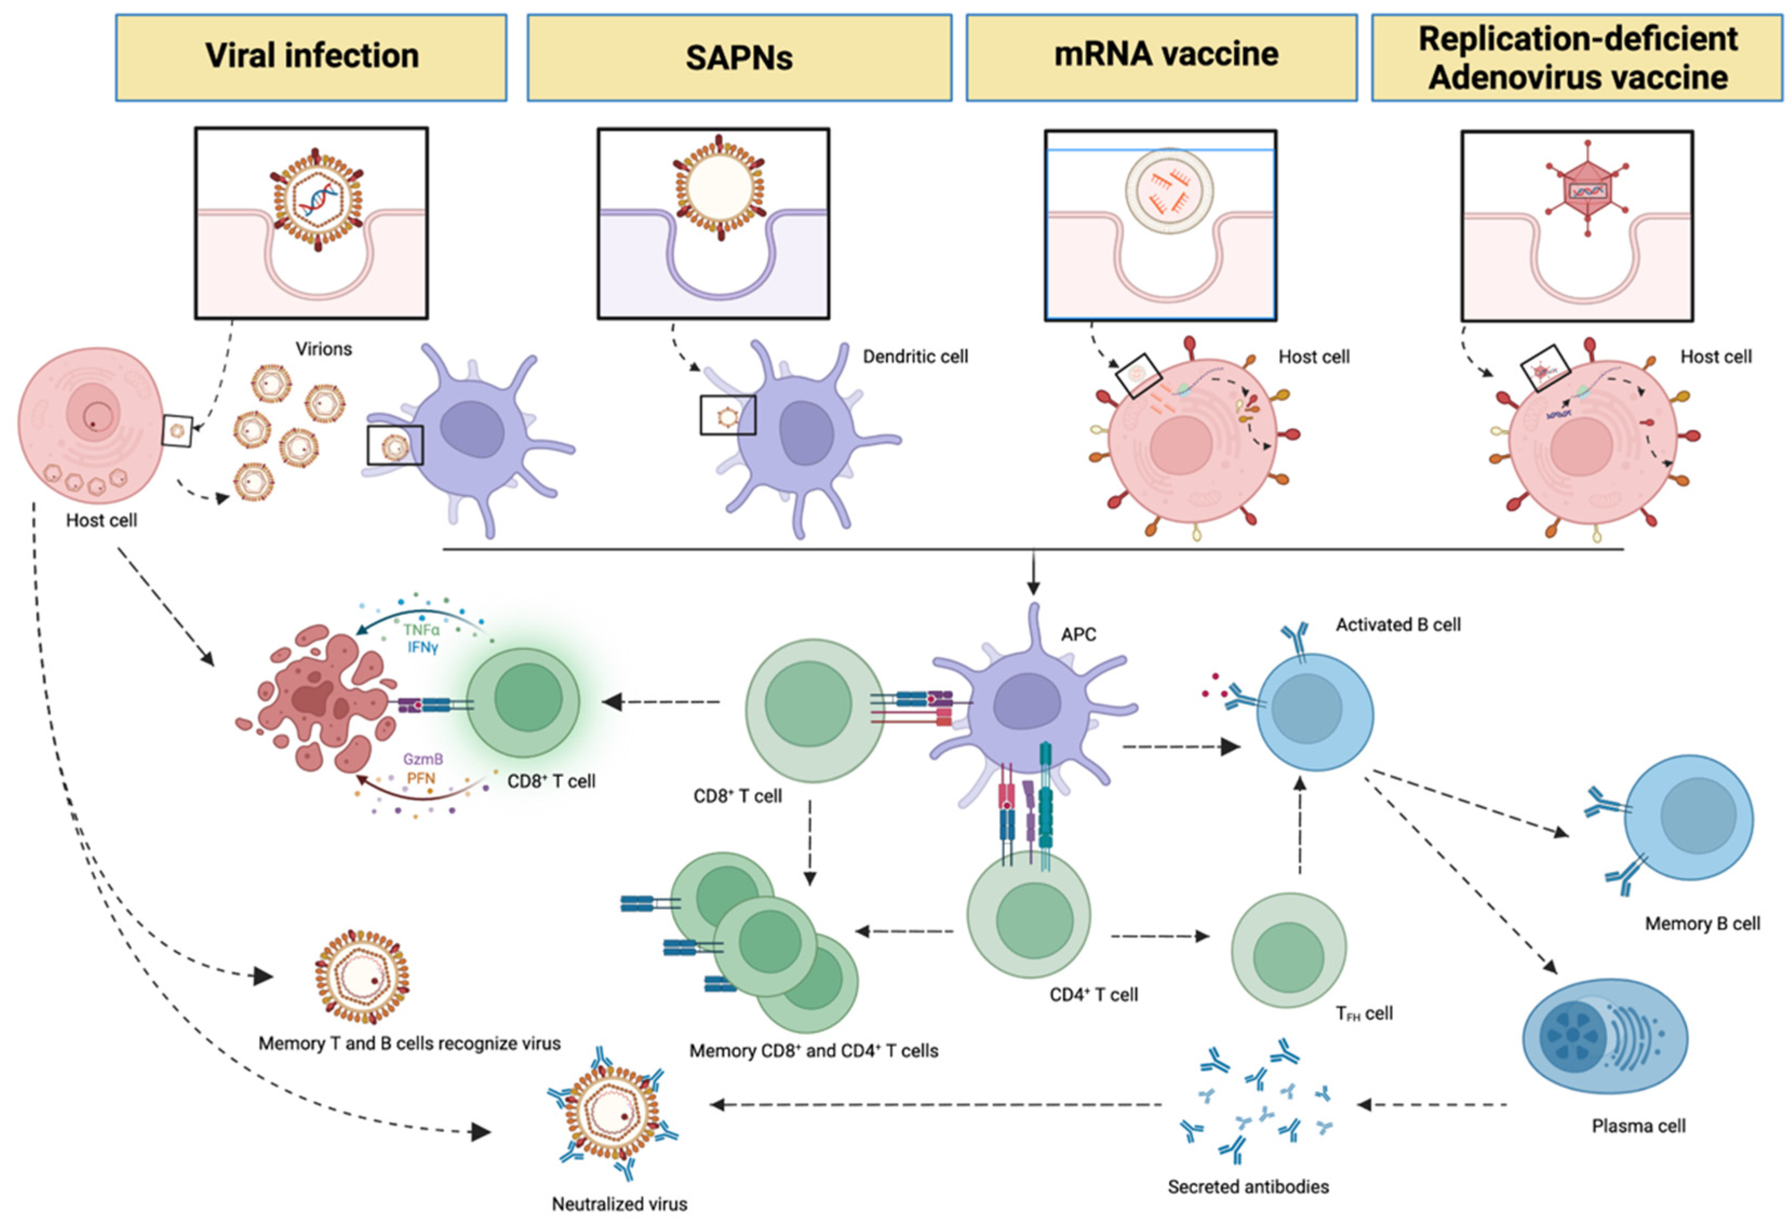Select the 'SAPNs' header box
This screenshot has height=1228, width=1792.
point(739,57)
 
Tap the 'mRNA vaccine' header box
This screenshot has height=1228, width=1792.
point(1160,57)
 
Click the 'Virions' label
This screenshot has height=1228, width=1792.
point(324,349)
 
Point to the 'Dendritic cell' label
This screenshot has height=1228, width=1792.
point(915,357)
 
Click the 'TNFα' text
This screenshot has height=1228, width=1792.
point(421,630)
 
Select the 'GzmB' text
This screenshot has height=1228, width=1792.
point(422,759)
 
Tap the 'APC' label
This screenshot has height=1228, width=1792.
point(1078,635)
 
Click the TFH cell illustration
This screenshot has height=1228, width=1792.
point(1288,950)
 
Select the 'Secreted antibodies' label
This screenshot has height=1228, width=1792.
point(1247,1186)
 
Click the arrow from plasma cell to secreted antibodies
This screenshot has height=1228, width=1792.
point(1431,1105)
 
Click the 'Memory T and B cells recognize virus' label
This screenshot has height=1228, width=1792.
point(408,1043)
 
